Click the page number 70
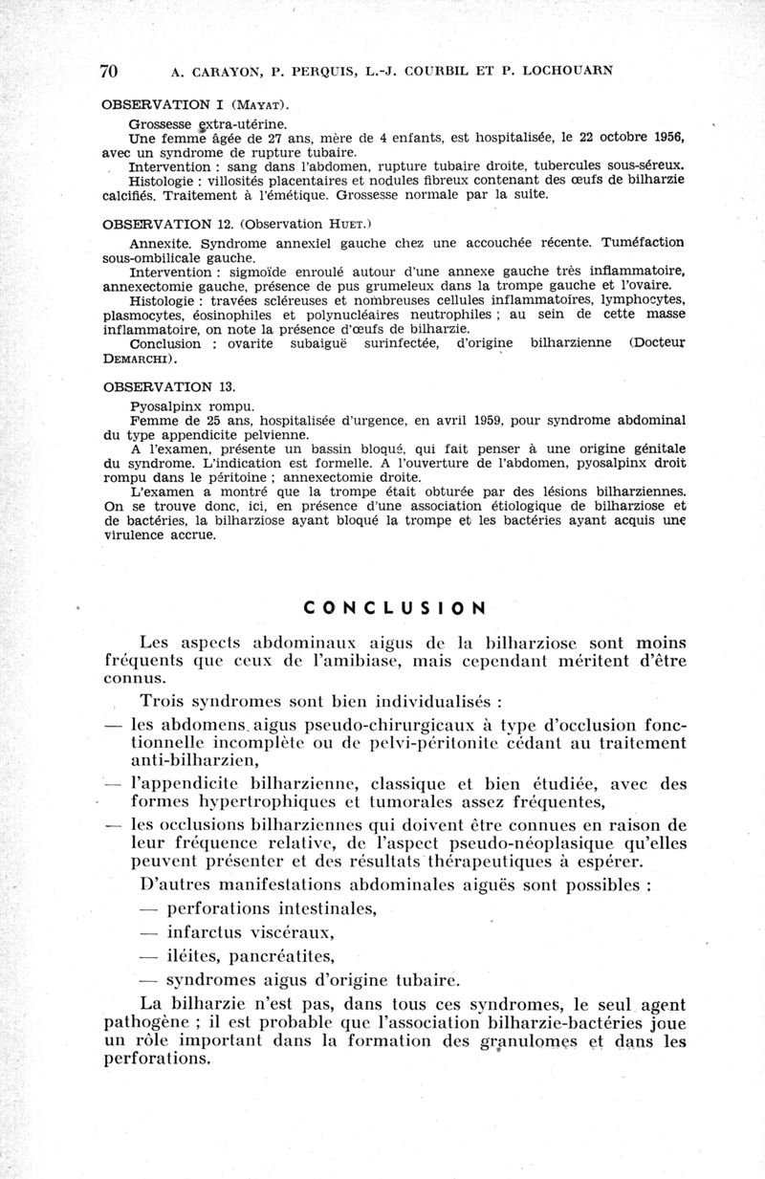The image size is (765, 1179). pyautogui.click(x=107, y=71)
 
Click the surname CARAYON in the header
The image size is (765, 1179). pyautogui.click(x=209, y=70)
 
